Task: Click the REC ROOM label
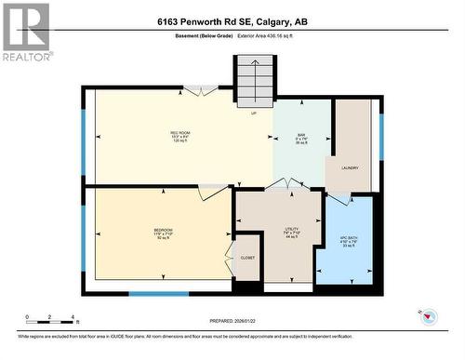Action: click(179, 132)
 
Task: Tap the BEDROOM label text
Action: click(164, 229)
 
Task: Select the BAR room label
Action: click(301, 133)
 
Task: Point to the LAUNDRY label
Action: click(350, 168)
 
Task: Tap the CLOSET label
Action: click(247, 258)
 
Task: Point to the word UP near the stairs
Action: click(253, 113)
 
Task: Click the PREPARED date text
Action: click(232, 324)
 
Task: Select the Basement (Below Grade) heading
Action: click(203, 36)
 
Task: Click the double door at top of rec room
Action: click(200, 90)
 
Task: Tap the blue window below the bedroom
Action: click(158, 294)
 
